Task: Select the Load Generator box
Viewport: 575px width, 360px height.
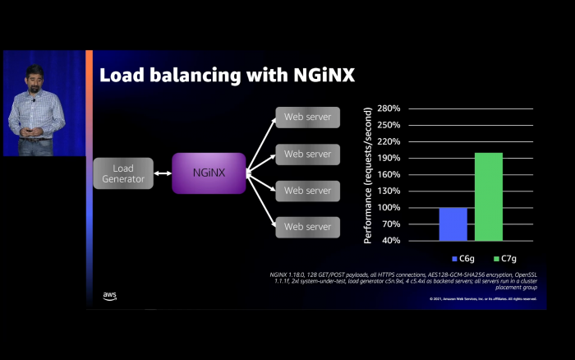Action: click(122, 173)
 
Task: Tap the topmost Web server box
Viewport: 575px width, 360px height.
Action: click(307, 117)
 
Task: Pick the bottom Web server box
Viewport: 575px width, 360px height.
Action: click(307, 226)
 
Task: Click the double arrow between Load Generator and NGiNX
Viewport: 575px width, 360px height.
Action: click(162, 173)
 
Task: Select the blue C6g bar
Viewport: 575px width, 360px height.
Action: click(453, 224)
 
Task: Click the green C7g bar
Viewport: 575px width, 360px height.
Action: click(489, 196)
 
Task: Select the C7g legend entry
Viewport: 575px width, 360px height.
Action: click(492, 258)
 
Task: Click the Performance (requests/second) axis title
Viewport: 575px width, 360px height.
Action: click(368, 175)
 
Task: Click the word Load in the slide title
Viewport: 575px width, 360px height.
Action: click(122, 76)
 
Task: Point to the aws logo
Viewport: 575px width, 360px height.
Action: click(109, 296)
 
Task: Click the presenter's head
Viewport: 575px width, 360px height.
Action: click(34, 74)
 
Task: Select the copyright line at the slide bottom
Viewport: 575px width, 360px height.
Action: click(482, 298)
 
